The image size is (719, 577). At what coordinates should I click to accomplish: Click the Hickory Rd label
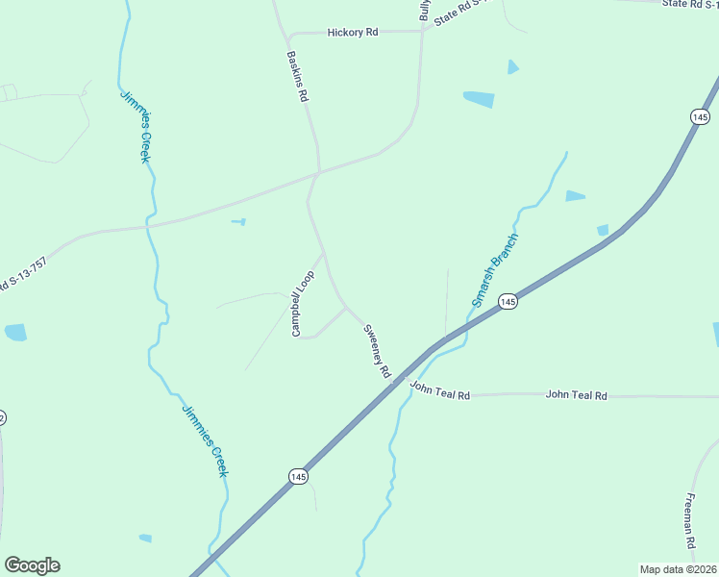click(x=353, y=32)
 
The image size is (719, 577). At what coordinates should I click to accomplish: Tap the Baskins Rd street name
click(x=298, y=77)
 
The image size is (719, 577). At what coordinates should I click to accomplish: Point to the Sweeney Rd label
click(x=377, y=350)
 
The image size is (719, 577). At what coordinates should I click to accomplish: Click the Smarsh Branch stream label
click(x=495, y=269)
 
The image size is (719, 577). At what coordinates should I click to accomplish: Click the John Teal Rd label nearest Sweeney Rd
click(x=439, y=390)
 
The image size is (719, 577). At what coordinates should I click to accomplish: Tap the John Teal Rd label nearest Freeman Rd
click(x=577, y=395)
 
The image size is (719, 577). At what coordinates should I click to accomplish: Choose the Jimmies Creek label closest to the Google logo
click(x=205, y=439)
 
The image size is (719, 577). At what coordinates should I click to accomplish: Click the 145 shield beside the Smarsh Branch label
click(x=508, y=302)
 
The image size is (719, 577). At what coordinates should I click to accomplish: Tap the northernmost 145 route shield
click(x=699, y=115)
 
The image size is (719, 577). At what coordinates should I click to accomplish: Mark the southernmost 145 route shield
click(x=298, y=476)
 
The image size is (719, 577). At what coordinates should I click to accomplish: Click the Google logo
click(x=32, y=565)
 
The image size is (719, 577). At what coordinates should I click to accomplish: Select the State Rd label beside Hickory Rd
click(x=461, y=12)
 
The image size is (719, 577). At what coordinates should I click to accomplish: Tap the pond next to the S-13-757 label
click(x=15, y=333)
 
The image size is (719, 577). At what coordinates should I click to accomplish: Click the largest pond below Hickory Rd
click(x=479, y=99)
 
